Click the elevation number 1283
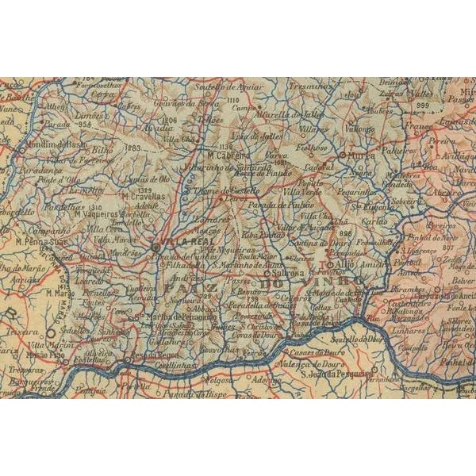pyautogui.click(x=132, y=147)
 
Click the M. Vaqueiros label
pyautogui.click(x=98, y=213)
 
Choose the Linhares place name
pyautogui.click(x=405, y=328)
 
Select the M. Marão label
pyautogui.click(x=60, y=294)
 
